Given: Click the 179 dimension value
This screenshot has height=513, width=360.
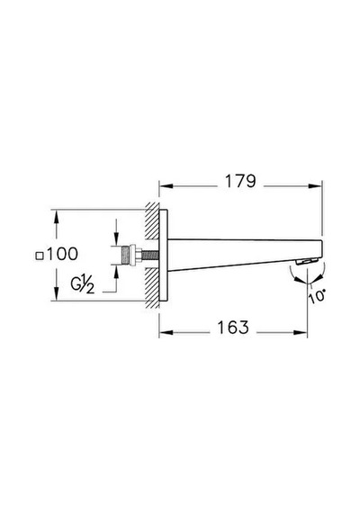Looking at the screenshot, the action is point(240,181).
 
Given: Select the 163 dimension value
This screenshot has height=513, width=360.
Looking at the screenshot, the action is point(233,328).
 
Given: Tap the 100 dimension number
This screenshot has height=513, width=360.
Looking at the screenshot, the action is point(62,254).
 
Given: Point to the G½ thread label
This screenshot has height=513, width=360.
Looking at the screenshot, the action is point(83,283).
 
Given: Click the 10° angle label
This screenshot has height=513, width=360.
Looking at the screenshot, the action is point(317,296).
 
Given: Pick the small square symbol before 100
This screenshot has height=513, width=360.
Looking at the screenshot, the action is point(40,256).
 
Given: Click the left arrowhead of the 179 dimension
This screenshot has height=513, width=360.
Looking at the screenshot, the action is point(166,186).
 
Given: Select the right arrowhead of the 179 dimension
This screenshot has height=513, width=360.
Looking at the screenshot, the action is point(315,186).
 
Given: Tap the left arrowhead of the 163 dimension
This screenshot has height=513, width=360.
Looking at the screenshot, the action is point(166,333).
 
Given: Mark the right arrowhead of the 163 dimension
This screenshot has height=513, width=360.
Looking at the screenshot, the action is point(301,333).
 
